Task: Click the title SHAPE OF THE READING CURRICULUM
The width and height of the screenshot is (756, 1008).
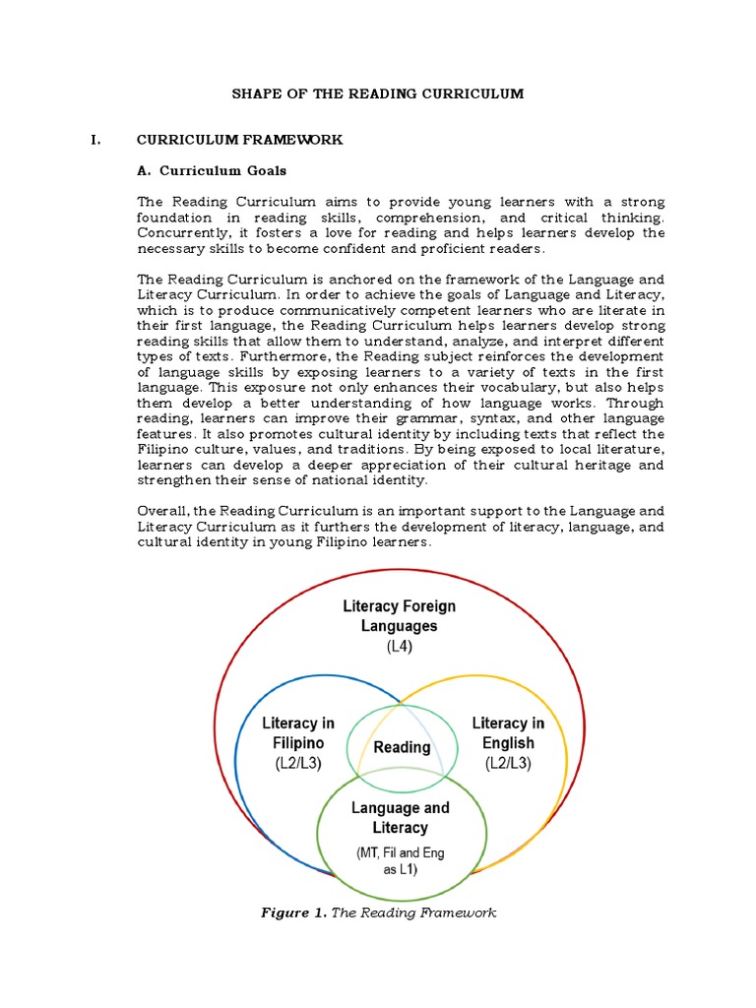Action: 378,94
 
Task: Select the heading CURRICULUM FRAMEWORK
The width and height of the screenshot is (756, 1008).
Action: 239,140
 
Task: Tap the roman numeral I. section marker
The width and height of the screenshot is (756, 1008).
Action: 95,140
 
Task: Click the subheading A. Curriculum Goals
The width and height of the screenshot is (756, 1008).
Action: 212,170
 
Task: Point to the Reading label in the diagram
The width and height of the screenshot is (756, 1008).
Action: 402,747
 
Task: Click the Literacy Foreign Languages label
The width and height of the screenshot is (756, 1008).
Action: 399,615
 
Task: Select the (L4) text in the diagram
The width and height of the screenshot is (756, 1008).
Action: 399,648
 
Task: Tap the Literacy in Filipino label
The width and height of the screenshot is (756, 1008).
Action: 298,732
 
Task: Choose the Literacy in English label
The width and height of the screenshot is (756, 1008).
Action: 508,732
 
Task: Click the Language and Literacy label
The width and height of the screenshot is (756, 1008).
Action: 400,817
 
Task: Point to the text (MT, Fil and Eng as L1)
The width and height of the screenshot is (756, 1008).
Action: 400,860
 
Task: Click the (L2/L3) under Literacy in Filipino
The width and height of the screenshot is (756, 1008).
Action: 298,763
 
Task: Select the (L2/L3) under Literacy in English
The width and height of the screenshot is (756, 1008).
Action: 508,763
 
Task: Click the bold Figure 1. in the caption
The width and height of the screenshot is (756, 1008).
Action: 292,913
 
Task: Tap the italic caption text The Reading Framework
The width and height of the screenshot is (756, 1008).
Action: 413,913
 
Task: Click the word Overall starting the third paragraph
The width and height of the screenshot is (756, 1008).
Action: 162,511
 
